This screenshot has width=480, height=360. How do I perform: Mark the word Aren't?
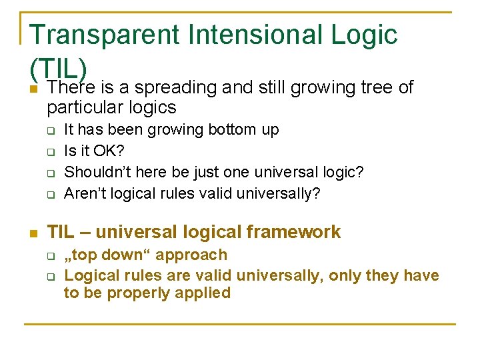coord(86,193)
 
